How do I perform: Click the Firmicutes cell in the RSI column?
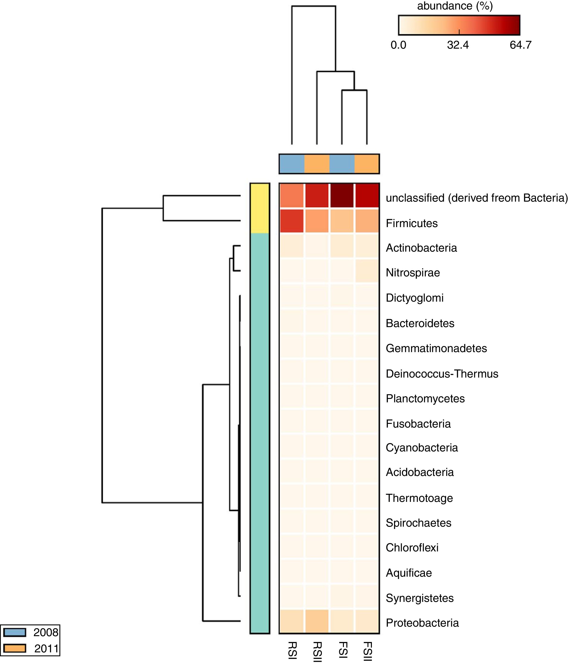point(292,221)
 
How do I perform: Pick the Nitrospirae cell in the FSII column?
point(367,271)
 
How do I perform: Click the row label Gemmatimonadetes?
point(436,348)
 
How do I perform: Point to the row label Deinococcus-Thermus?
point(442,374)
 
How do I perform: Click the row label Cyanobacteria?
point(422,448)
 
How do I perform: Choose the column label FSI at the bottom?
point(343,650)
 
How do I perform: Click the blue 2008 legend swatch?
point(15,632)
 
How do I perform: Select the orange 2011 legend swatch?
point(15,648)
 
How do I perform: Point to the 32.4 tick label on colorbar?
point(458,45)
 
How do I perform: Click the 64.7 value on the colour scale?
point(520,45)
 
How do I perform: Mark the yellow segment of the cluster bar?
point(260,208)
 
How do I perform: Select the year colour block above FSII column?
point(367,164)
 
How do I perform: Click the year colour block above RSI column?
point(292,164)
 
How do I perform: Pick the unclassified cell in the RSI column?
point(292,196)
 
